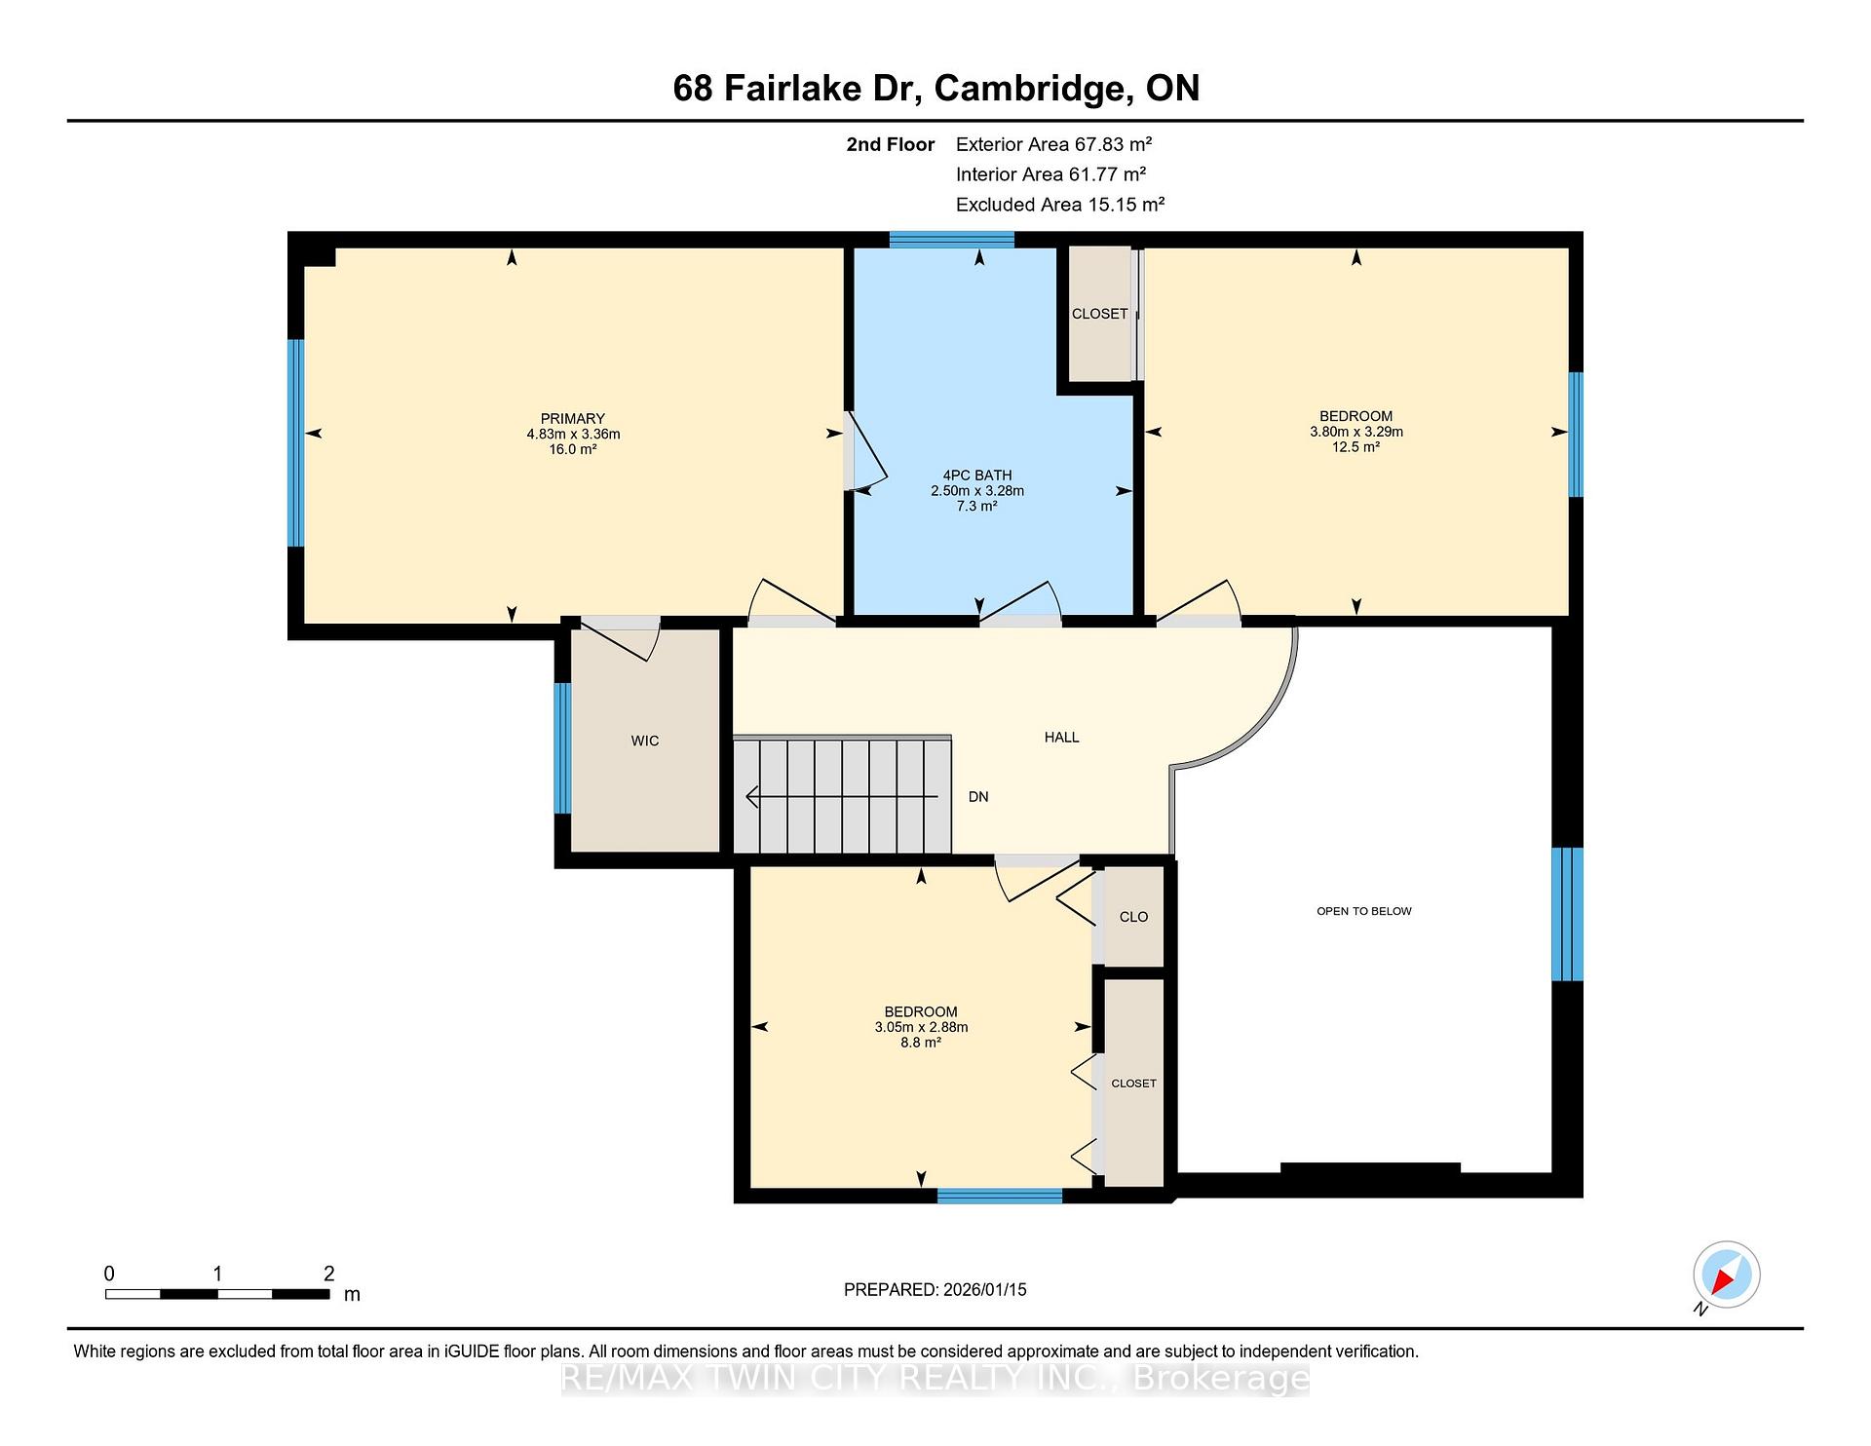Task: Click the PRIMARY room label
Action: tap(573, 419)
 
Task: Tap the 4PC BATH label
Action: tap(977, 476)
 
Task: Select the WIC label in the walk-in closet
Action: tap(645, 742)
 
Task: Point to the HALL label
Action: tap(1061, 738)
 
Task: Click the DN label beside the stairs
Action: tap(978, 797)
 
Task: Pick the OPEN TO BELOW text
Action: tap(1364, 911)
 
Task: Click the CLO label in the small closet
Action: tap(1133, 917)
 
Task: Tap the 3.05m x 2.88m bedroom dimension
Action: tap(921, 1027)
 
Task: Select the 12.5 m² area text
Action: tap(1356, 447)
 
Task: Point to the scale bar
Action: tap(217, 1294)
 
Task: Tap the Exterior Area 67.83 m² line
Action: tap(1054, 144)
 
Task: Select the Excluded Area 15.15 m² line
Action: tap(1060, 205)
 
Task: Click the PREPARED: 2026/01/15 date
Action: tap(935, 1290)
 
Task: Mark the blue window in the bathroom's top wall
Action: tap(952, 240)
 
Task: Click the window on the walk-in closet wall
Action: tap(562, 748)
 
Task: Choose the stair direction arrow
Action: tap(842, 797)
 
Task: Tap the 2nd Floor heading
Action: tap(891, 144)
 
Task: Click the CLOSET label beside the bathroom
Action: tap(1100, 314)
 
